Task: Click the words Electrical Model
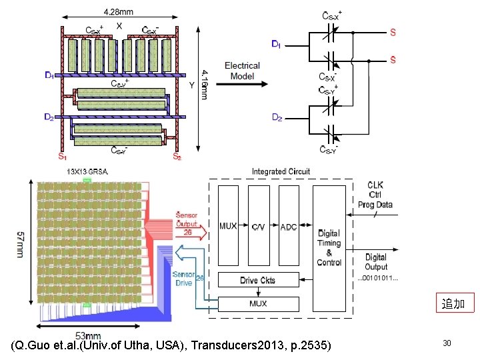tap(242, 71)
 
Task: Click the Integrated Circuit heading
tap(281, 172)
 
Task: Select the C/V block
tap(259, 227)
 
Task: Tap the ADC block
tap(289, 227)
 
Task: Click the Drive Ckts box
tap(258, 281)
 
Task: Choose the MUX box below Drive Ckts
tap(258, 304)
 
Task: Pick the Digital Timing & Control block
tap(329, 248)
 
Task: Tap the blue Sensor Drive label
tap(184, 278)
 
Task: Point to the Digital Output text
tap(375, 261)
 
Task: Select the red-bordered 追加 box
tap(454, 304)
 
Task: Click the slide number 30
tap(447, 343)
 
